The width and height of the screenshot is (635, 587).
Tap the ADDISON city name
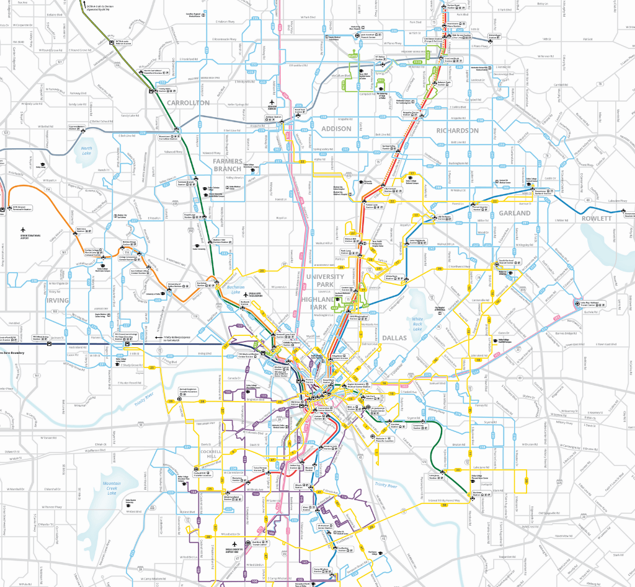336,128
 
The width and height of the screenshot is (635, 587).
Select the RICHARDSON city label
457,131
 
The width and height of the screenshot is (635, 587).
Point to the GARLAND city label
515,213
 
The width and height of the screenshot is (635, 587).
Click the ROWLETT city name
597,218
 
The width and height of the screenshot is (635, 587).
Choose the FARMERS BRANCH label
228,166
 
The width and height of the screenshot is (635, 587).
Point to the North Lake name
86,151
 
